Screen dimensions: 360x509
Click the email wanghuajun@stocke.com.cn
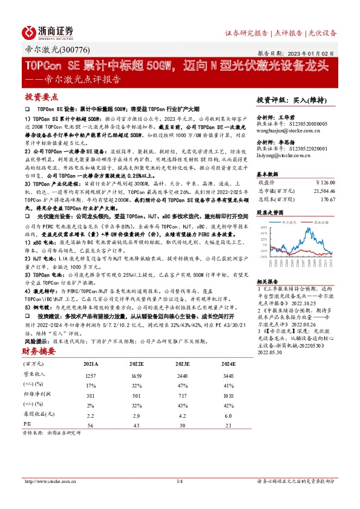click(288, 129)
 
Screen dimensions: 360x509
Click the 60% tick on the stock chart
click(263, 227)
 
